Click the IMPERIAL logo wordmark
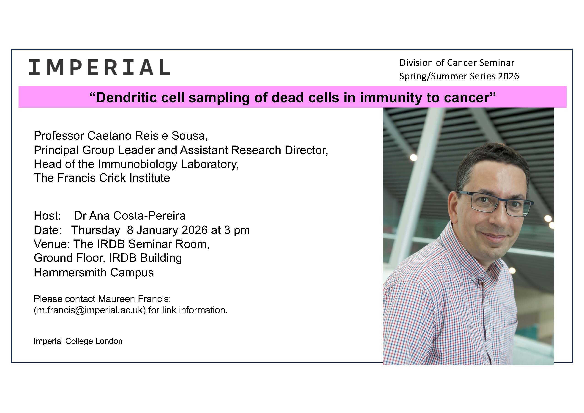pos(99,67)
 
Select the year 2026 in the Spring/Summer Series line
pos(508,76)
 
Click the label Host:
pos(47,215)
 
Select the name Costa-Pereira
pos(149,215)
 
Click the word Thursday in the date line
pos(96,230)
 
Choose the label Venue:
pos(52,244)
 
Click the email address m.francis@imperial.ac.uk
pos(90,310)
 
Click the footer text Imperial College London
pos(78,341)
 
